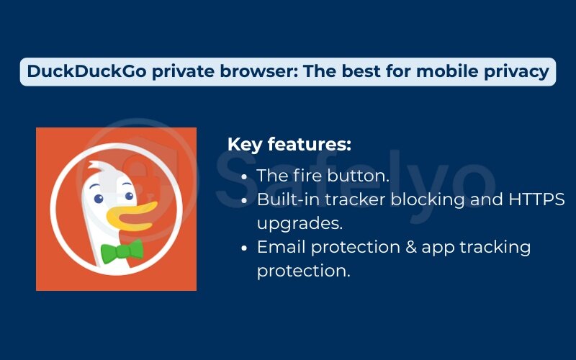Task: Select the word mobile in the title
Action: pyautogui.click(x=435, y=72)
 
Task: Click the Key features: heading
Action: pyautogui.click(x=289, y=144)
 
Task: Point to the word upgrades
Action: pyautogui.click(x=300, y=223)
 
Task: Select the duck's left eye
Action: pyautogui.click(x=97, y=198)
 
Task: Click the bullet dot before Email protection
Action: pyautogui.click(x=246, y=248)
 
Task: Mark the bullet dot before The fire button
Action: pyautogui.click(x=246, y=176)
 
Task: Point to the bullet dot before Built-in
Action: pyautogui.click(x=246, y=200)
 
